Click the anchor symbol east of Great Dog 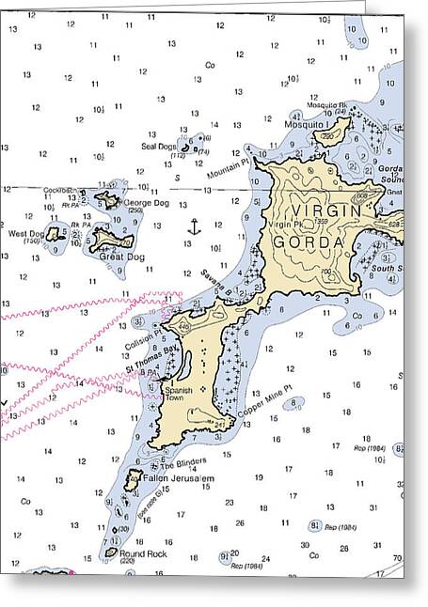point(194,226)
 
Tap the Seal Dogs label point(158,146)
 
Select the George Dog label point(147,202)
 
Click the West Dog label point(25,233)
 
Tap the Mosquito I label point(308,123)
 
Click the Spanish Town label point(178,393)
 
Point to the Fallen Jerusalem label point(180,478)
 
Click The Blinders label point(182,464)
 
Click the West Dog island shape point(55,233)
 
